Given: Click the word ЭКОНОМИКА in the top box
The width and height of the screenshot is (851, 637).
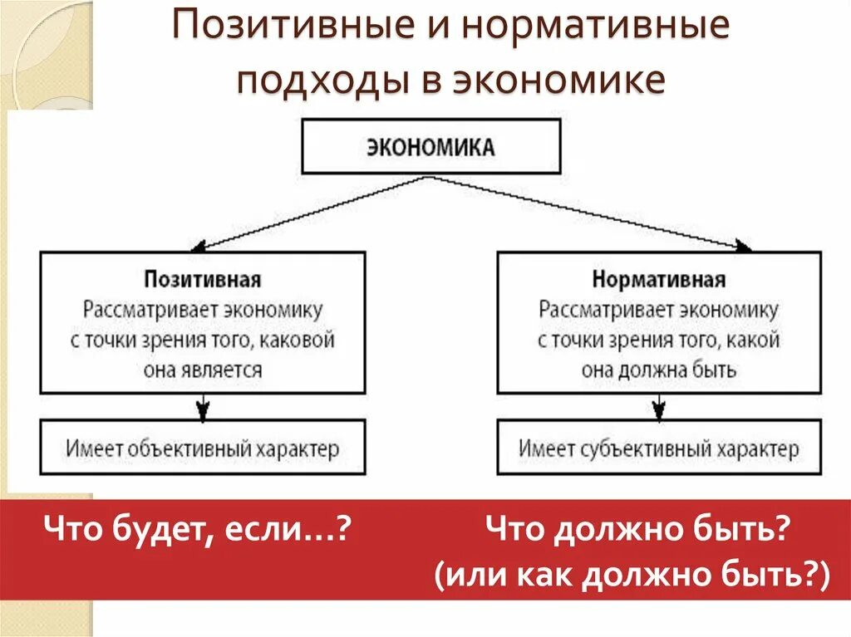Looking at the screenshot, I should (x=430, y=148).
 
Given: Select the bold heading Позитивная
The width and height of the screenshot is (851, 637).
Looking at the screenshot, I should (x=203, y=278).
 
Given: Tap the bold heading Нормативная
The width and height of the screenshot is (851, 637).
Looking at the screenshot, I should (x=658, y=278).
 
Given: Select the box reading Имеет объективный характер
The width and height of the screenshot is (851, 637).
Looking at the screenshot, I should (x=203, y=448).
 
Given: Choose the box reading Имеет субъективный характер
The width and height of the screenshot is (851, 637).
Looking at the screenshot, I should (x=658, y=448).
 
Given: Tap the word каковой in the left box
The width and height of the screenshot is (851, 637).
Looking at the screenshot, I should (x=300, y=340).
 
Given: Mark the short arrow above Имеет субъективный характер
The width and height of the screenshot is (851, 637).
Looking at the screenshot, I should (x=658, y=408).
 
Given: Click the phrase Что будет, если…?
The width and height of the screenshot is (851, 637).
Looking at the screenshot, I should (x=195, y=527).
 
